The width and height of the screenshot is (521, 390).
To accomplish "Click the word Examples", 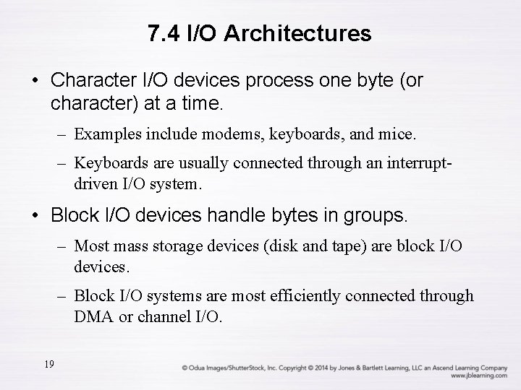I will pos(104,134).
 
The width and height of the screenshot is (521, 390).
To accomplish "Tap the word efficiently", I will pos(307,295).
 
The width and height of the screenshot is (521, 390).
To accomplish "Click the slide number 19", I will pos(48,363).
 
